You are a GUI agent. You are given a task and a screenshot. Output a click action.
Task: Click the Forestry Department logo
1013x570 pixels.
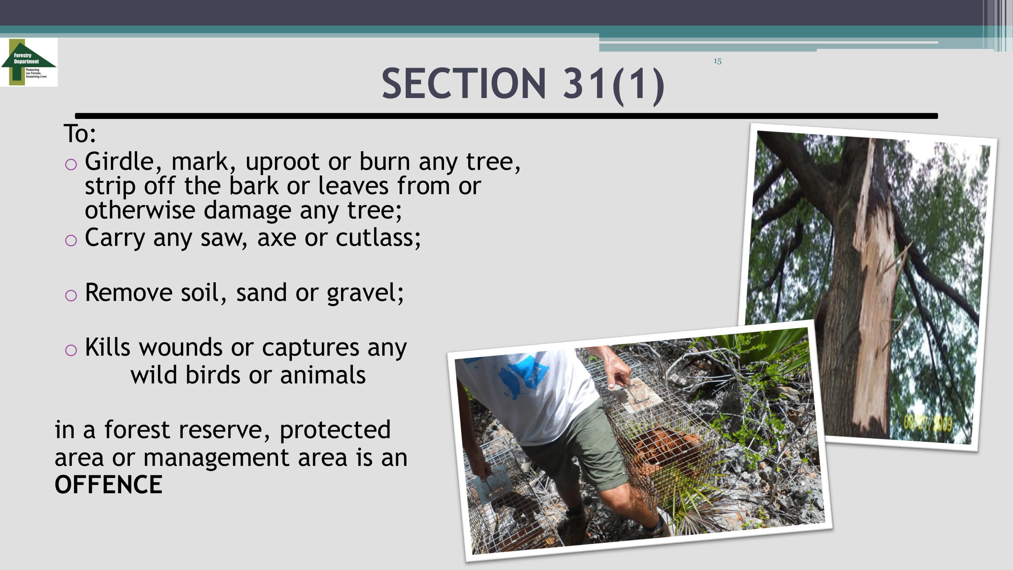(29, 62)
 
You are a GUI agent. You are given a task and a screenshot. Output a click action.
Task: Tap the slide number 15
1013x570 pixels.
(717, 61)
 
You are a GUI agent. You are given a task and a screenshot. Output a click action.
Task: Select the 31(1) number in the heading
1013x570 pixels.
(614, 85)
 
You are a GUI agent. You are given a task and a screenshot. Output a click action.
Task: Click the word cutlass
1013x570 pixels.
(378, 238)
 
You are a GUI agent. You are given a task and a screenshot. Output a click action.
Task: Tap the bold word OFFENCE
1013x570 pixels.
(108, 484)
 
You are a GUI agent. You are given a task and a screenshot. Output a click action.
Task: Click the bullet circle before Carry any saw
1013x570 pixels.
(71, 241)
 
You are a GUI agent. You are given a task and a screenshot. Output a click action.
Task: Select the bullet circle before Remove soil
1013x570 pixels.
(71, 295)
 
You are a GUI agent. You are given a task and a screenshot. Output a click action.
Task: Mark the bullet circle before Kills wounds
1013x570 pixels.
(71, 350)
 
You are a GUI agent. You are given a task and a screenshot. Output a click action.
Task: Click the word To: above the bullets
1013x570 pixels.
(80, 134)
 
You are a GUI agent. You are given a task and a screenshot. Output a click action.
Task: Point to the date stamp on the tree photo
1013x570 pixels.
(928, 424)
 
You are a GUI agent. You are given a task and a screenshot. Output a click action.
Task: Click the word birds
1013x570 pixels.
(213, 375)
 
